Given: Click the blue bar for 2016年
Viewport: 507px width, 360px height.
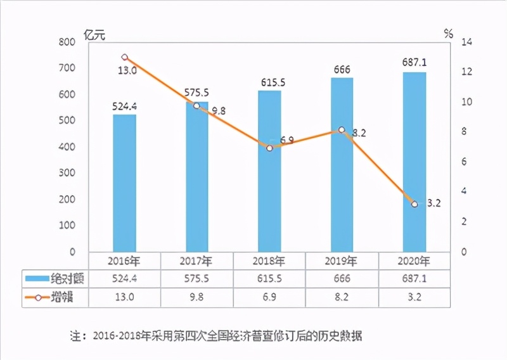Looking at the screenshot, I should point(124,183).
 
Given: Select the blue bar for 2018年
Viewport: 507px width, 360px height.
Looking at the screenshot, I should point(269,171).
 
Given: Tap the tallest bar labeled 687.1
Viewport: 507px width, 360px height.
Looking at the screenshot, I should point(414,162).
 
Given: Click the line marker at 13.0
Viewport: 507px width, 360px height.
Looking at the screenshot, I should point(124,57).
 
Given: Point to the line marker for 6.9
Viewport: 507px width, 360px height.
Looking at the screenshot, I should point(269,148).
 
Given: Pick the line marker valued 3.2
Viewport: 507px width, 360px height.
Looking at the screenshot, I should point(414,204).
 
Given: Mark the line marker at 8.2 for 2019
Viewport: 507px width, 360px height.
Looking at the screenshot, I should point(342,129).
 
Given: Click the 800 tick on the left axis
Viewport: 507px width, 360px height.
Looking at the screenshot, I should point(67,42).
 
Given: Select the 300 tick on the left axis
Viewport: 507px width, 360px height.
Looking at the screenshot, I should point(67,173).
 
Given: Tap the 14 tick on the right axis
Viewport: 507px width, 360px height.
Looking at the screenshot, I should point(467,42).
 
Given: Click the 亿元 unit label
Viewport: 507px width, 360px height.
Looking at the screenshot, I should point(94,35).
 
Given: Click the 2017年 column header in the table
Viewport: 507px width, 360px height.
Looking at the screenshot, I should point(197,260).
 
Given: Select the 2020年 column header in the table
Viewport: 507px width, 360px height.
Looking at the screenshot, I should point(414,260).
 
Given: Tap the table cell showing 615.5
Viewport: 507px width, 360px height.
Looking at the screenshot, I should point(269,278).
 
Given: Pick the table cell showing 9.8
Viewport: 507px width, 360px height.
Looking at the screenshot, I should point(197,297).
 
